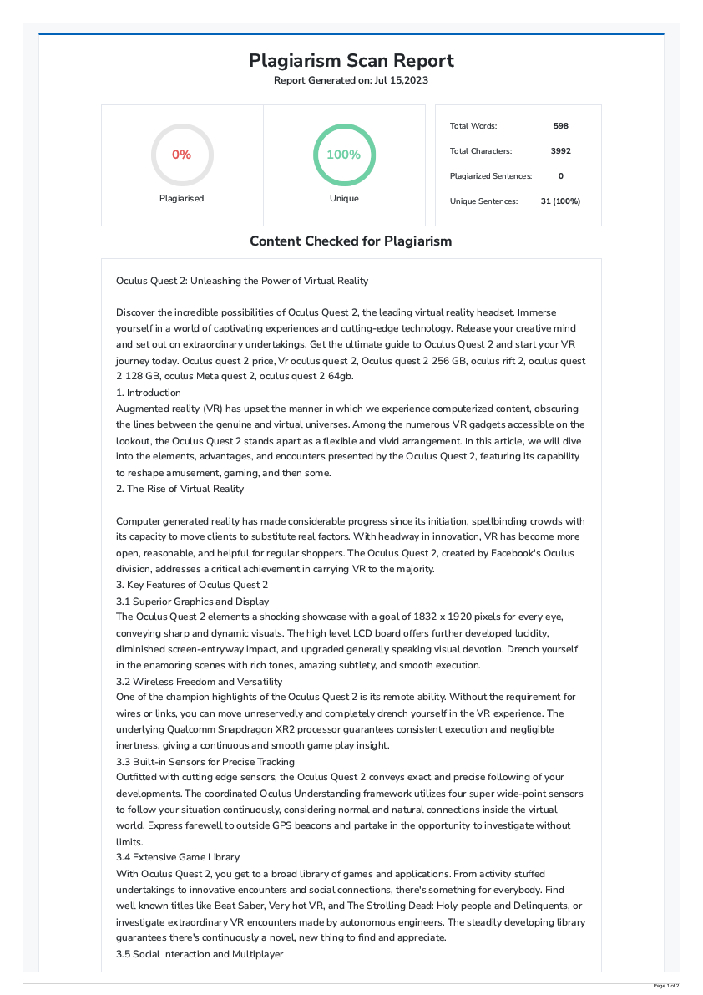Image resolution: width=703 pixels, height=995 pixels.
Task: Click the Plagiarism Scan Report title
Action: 351,61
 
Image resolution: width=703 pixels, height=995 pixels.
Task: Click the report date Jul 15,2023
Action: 402,80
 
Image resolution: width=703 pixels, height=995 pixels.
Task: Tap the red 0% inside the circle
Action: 181,155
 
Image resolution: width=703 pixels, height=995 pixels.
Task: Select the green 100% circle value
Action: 343,155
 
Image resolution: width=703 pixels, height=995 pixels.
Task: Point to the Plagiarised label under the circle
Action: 181,199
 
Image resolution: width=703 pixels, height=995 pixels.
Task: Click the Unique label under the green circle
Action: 343,199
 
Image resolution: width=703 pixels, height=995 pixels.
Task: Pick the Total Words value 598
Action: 560,126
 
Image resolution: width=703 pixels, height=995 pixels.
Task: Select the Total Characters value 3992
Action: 560,151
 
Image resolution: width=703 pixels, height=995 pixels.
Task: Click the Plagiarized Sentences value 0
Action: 560,176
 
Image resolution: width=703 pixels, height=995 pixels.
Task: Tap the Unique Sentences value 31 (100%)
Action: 560,201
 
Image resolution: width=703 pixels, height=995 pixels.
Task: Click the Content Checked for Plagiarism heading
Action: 351,241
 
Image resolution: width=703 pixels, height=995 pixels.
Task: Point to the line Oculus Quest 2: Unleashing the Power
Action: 242,281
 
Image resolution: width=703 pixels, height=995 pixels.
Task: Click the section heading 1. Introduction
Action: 149,393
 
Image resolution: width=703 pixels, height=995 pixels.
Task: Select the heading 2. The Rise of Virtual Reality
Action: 180,489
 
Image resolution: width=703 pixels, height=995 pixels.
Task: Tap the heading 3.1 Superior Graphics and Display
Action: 193,602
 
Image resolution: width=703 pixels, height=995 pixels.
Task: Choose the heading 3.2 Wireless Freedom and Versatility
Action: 200,682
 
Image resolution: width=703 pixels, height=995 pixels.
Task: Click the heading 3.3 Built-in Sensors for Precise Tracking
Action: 205,762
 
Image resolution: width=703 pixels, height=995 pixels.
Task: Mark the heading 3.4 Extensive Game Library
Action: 178,857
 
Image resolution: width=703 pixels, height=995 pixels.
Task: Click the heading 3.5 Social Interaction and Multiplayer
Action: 200,954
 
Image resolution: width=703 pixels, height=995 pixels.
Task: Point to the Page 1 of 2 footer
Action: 665,987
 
